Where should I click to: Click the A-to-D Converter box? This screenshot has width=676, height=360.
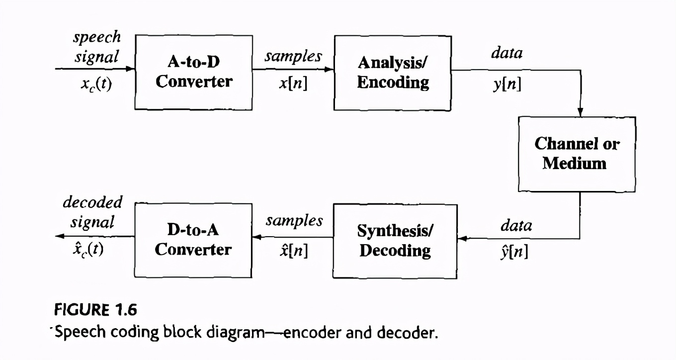193,72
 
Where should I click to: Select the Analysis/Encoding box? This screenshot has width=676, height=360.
393,72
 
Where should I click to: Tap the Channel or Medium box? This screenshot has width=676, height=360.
577,154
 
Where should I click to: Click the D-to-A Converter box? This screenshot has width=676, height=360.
193,240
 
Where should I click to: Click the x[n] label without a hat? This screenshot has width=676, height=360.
293,84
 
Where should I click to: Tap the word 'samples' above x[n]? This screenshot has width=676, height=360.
293,56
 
